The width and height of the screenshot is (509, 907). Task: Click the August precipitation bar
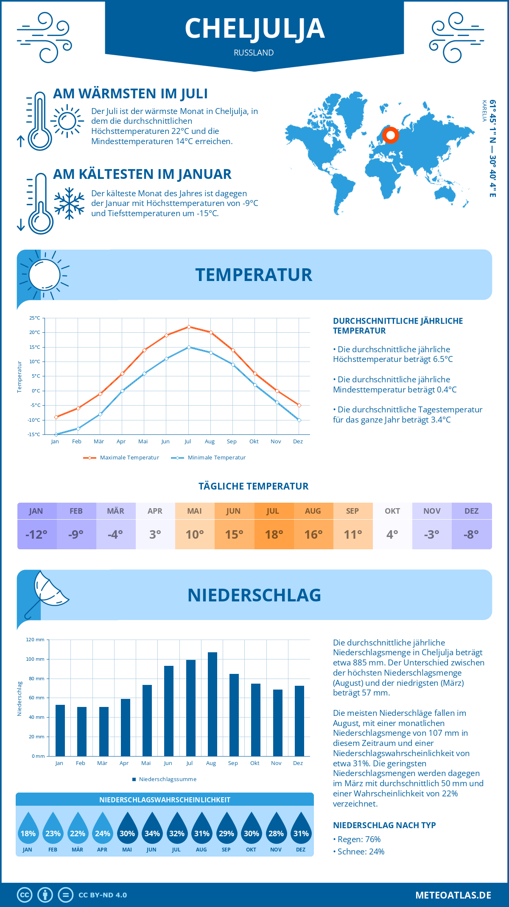point(213,704)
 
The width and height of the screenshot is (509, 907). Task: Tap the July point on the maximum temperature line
point(189,327)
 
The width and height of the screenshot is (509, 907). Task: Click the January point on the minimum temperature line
point(56,434)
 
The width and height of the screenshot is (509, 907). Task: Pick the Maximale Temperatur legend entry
point(121,458)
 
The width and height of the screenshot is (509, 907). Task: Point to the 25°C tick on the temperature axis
point(35,318)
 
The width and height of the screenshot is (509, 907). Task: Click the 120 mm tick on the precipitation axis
point(35,640)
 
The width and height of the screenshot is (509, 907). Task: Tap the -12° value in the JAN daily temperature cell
point(36,534)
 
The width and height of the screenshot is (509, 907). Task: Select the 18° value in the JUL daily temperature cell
point(274,534)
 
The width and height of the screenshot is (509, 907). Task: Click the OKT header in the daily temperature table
point(392,511)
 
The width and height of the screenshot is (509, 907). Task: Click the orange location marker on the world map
point(390,135)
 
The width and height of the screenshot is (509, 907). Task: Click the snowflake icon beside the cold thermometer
point(69,203)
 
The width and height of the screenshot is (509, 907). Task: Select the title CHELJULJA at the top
point(255,29)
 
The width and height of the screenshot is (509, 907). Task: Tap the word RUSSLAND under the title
point(254,53)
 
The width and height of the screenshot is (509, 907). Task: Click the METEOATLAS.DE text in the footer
point(453,895)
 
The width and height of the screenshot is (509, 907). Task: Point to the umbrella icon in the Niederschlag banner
point(47,592)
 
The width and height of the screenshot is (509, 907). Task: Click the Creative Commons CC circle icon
point(25,895)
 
